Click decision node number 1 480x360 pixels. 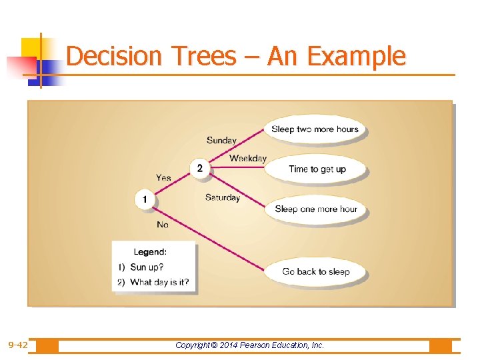[145, 199]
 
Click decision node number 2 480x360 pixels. [199, 168]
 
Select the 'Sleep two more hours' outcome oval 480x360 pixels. [315, 129]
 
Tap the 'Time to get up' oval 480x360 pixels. [317, 169]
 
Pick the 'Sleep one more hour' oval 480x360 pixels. [315, 209]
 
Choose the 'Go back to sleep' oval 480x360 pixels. [315, 271]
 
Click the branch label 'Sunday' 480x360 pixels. [221, 140]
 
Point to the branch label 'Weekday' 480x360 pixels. [247, 158]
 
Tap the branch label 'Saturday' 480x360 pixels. [222, 197]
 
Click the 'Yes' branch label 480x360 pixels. [163, 178]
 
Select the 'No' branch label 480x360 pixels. [163, 225]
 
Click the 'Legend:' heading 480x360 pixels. [150, 252]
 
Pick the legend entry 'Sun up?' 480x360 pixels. [147, 267]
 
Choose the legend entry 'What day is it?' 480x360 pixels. [159, 282]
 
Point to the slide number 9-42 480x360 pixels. [18, 345]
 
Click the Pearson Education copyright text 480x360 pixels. [249, 345]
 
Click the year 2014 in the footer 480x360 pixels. [234, 345]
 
